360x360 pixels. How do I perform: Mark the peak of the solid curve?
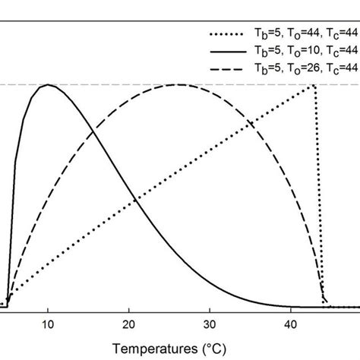pos(49,84)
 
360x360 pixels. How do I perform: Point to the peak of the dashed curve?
pos(178,84)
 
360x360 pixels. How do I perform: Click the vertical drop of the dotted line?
pos(318,190)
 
